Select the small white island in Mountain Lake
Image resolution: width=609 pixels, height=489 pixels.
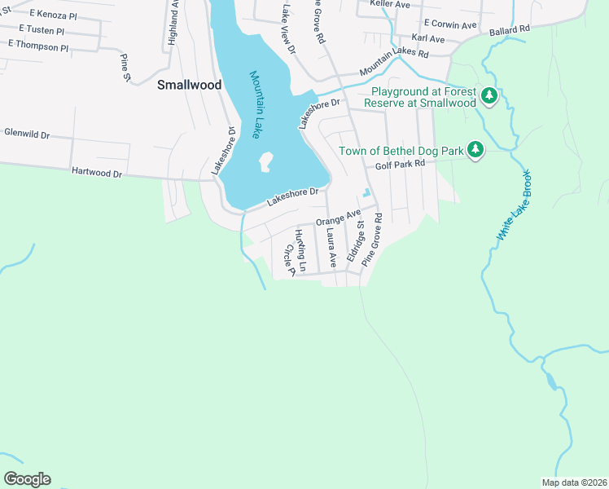pos(265,162)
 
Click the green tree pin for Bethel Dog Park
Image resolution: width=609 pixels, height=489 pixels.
pos(476,151)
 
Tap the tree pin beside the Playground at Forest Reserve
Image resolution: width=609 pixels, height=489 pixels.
pos(489,97)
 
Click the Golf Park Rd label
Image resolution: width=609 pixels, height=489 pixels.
pos(401,165)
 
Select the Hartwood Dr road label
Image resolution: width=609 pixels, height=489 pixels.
pos(96,173)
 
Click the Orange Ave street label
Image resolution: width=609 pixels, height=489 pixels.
pos(338,218)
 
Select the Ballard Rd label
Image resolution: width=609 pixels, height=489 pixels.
pos(510,29)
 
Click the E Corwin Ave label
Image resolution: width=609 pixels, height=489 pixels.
pos(449,25)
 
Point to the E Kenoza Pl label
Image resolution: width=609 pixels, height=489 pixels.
pos(55,15)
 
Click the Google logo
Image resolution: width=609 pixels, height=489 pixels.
pos(27,479)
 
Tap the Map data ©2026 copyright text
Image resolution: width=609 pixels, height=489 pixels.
pos(574,482)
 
